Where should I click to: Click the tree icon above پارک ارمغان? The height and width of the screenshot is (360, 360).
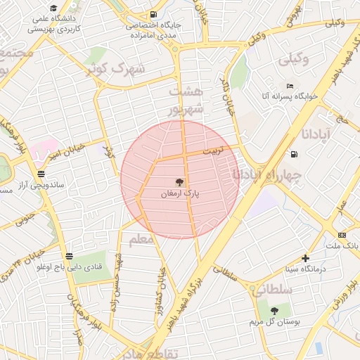(179, 181)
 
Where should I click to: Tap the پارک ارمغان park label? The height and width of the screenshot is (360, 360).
(180, 193)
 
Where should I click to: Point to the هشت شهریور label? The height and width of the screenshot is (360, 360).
(186, 100)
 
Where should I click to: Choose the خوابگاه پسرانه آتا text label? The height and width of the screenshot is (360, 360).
(290, 96)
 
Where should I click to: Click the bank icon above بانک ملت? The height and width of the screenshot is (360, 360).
(342, 235)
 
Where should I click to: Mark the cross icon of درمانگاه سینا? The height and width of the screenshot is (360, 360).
(304, 258)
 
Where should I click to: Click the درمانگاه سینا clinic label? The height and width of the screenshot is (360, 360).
(304, 269)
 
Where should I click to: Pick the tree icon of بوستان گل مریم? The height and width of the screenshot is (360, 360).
(274, 310)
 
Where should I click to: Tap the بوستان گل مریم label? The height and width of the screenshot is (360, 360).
(273, 321)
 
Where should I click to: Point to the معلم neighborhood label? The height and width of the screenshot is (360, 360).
(141, 240)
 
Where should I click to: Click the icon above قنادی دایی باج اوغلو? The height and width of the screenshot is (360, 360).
(68, 257)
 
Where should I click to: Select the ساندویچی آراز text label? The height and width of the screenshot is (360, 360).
(43, 184)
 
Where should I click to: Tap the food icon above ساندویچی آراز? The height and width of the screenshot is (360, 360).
(41, 173)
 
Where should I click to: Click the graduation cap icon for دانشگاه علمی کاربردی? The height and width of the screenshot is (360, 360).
(53, 7)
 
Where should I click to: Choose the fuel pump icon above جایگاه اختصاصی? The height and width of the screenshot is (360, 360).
(153, 14)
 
